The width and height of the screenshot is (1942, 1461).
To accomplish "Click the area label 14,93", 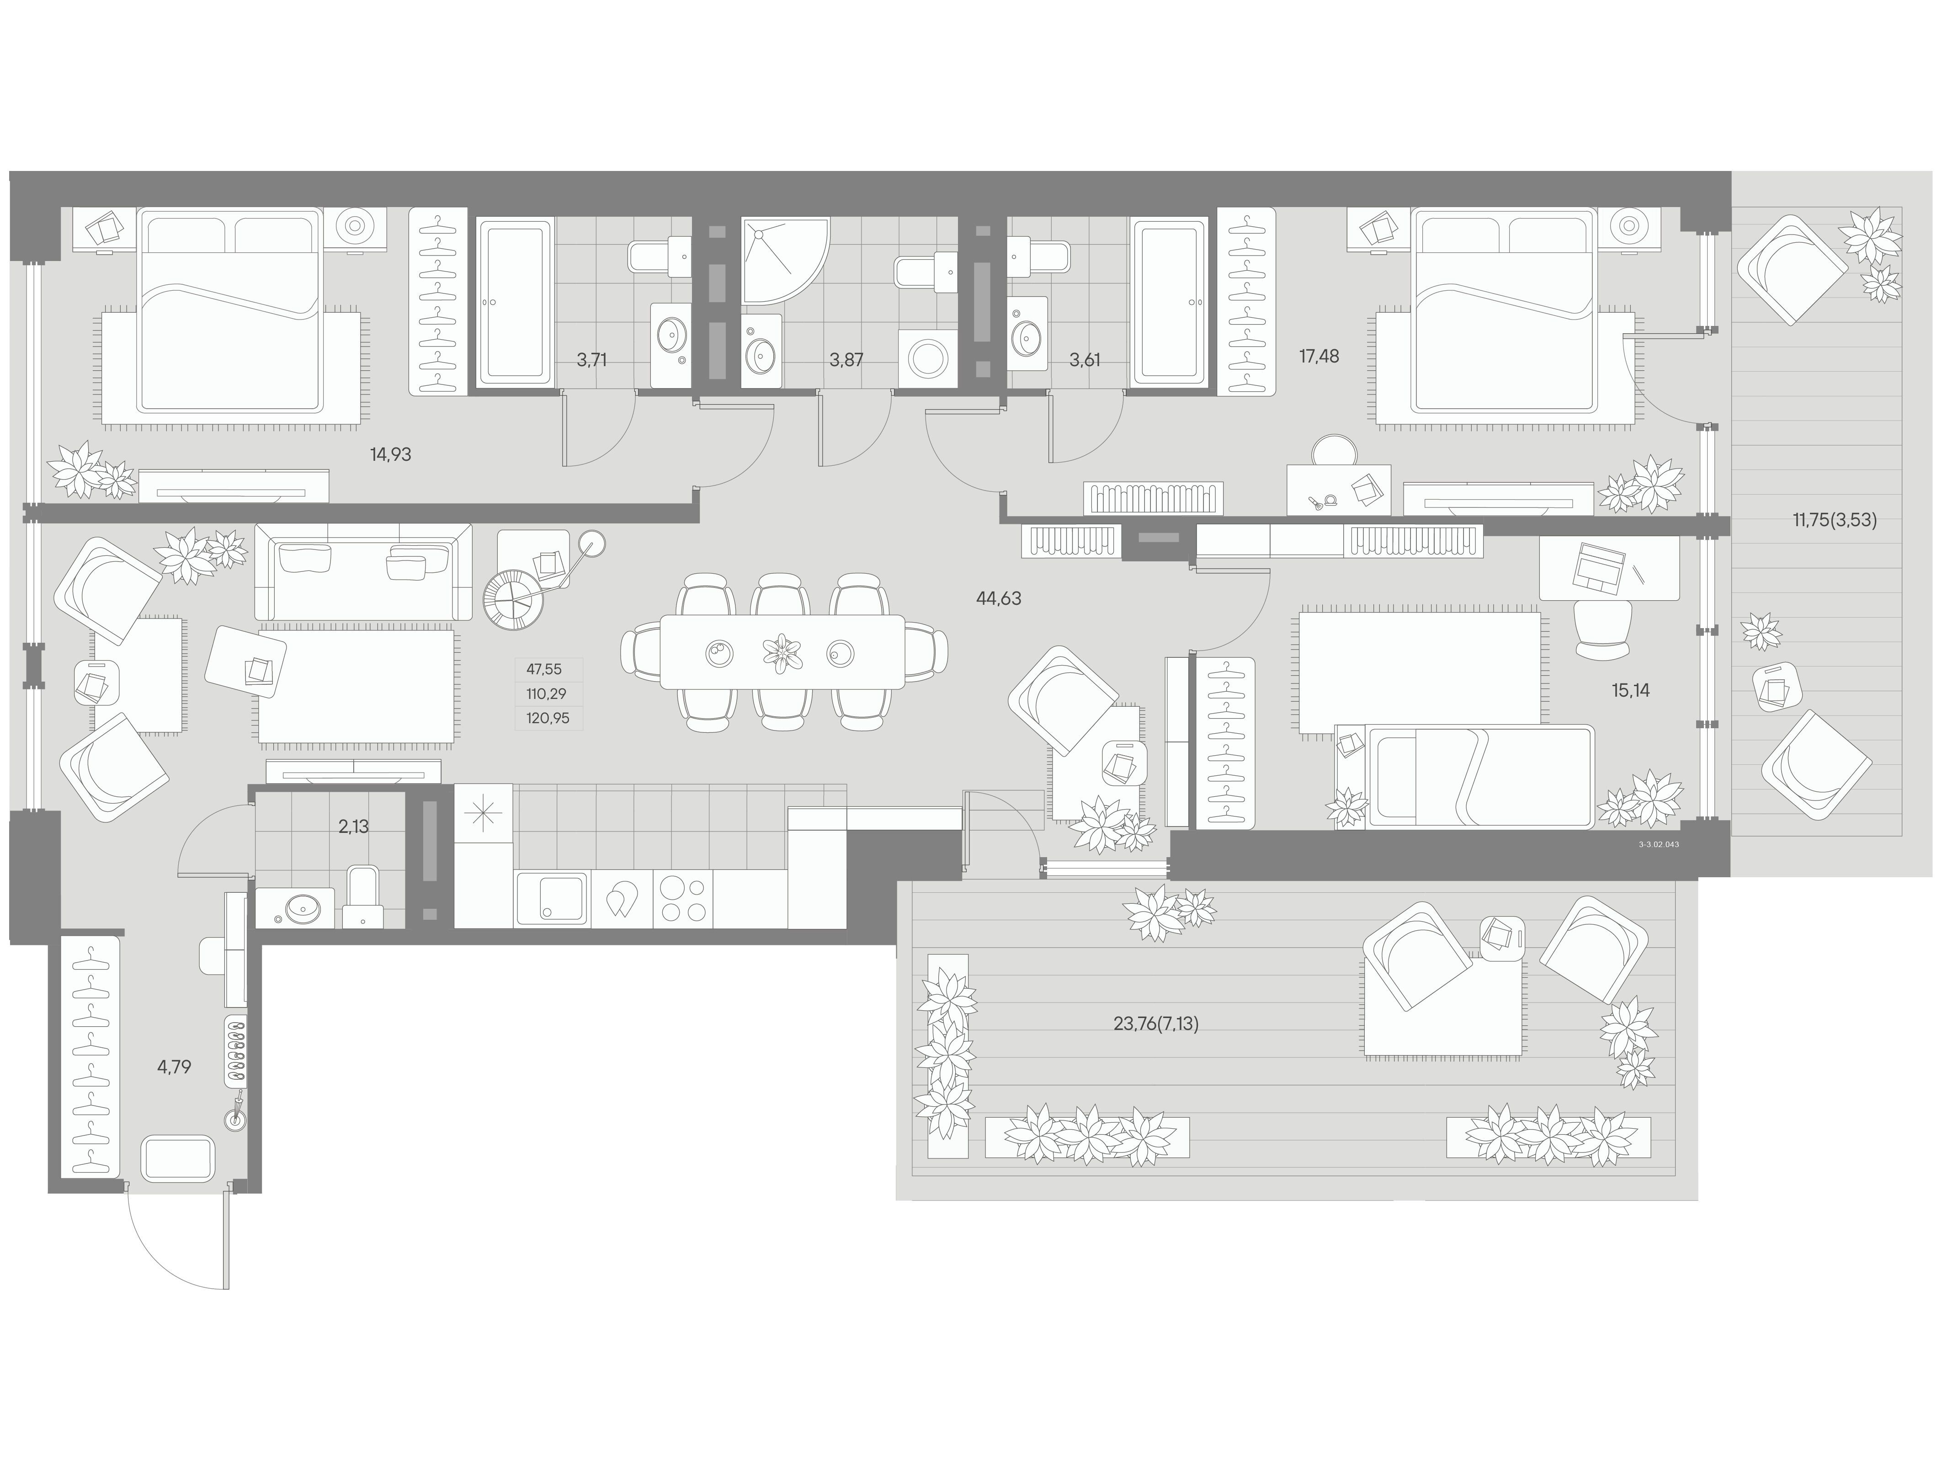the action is click(391, 455).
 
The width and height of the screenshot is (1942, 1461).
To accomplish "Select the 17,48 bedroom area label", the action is click(1319, 357).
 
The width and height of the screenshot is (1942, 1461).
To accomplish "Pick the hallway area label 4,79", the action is click(174, 1068).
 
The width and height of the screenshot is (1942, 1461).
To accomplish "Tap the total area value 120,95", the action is click(548, 718).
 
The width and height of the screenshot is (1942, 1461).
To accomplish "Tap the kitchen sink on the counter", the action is click(551, 899).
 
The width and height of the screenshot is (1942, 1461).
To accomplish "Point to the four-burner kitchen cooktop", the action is click(683, 899).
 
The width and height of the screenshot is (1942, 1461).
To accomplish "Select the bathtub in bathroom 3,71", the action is click(515, 302).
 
